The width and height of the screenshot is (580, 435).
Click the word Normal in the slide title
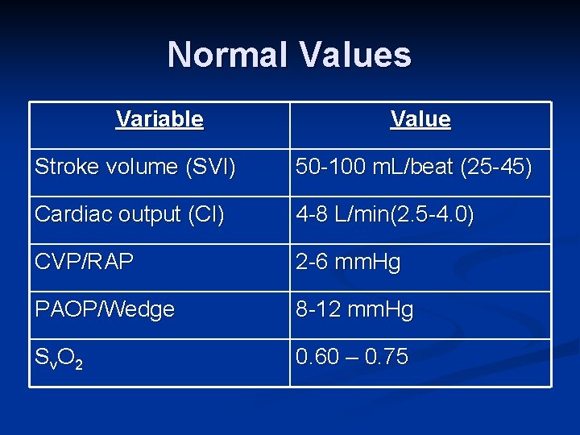click(229, 55)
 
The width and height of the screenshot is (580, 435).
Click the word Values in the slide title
click(355, 55)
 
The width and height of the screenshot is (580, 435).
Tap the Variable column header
click(159, 120)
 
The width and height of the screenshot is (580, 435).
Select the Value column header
click(420, 120)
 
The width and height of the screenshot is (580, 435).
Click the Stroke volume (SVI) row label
click(135, 168)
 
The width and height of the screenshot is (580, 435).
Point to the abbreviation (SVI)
click(210, 168)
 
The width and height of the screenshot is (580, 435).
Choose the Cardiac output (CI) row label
click(130, 215)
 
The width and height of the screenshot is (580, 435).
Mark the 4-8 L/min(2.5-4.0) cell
click(385, 215)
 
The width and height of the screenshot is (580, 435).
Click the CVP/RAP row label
click(84, 263)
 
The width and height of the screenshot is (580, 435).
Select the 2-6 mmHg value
click(348, 263)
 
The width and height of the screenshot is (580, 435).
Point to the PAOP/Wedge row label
click(105, 310)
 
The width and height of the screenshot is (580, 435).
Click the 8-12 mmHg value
click(354, 310)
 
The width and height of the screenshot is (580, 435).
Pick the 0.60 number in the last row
click(318, 357)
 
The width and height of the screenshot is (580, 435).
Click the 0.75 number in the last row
click(386, 357)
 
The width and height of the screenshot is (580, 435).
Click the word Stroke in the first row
click(61, 168)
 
